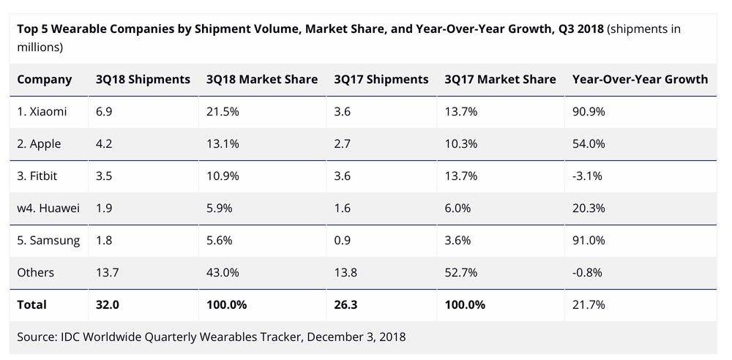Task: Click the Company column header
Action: click(x=45, y=79)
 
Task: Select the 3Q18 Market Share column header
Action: click(x=262, y=79)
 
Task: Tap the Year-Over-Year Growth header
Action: click(x=640, y=79)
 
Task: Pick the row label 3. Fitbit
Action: click(x=39, y=176)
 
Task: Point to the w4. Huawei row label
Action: click(x=48, y=208)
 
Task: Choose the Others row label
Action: click(x=36, y=272)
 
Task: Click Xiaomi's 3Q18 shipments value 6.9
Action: click(x=105, y=112)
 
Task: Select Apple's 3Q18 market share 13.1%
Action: click(x=223, y=144)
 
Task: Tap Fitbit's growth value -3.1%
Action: click(x=589, y=176)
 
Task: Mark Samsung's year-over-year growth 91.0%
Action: click(x=589, y=240)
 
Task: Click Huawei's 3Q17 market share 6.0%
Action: click(x=457, y=208)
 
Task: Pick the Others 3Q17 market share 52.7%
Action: click(x=460, y=272)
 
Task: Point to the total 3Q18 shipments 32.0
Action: click(x=108, y=304)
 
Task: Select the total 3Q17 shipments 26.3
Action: click(x=346, y=304)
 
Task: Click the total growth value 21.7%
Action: click(x=589, y=304)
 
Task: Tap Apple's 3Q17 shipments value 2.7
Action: click(x=342, y=144)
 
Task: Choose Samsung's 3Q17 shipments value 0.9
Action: click(x=342, y=240)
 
